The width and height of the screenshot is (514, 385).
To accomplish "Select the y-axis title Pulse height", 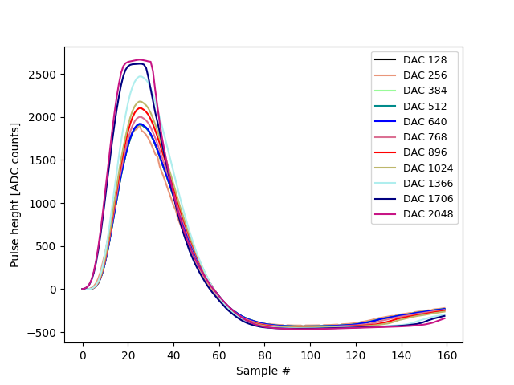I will [x=15, y=195].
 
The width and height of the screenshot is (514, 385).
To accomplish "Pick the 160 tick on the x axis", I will [x=447, y=354].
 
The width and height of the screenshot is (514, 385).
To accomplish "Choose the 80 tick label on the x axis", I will [x=265, y=354].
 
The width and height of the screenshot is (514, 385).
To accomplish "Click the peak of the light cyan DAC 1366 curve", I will [x=141, y=76].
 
